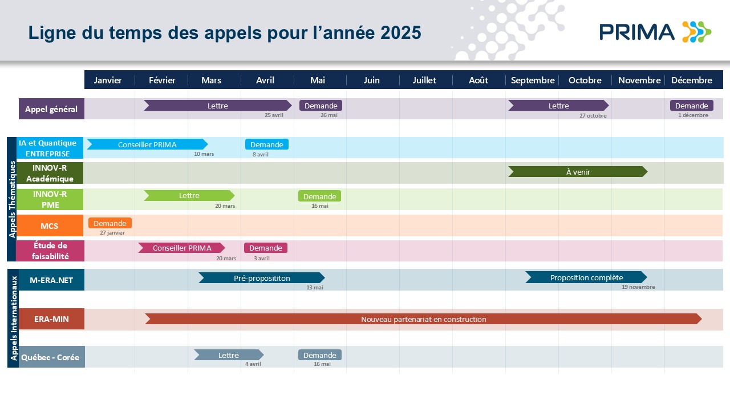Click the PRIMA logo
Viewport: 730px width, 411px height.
pyautogui.click(x=655, y=32)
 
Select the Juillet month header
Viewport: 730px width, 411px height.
pyautogui.click(x=424, y=80)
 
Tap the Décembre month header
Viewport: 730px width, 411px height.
pyautogui.click(x=692, y=80)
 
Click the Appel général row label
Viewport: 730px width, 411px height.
pyautogui.click(x=51, y=108)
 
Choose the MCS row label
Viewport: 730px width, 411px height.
pyautogui.click(x=50, y=225)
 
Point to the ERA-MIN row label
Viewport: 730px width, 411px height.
pyautogui.click(x=51, y=319)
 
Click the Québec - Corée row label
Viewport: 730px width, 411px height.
pyautogui.click(x=51, y=357)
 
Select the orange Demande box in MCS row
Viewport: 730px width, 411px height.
pyautogui.click(x=110, y=223)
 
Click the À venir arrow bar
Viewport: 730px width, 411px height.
pyautogui.click(x=578, y=172)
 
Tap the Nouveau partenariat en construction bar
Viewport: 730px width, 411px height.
pyautogui.click(x=423, y=319)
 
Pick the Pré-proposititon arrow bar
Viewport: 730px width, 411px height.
pyautogui.click(x=262, y=278)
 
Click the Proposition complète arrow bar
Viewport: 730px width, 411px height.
pyautogui.click(x=586, y=277)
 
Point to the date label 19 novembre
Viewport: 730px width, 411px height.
pyautogui.click(x=638, y=287)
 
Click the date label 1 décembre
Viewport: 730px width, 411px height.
pyautogui.click(x=693, y=115)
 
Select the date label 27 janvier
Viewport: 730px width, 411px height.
pyautogui.click(x=112, y=233)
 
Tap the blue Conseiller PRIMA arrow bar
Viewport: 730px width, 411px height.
pyautogui.click(x=147, y=144)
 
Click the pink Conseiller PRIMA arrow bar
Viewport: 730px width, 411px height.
pyautogui.click(x=181, y=248)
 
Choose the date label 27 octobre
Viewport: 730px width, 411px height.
pyautogui.click(x=593, y=116)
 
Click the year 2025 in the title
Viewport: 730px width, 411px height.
pyautogui.click(x=400, y=33)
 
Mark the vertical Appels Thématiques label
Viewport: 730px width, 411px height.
pyautogui.click(x=12, y=199)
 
